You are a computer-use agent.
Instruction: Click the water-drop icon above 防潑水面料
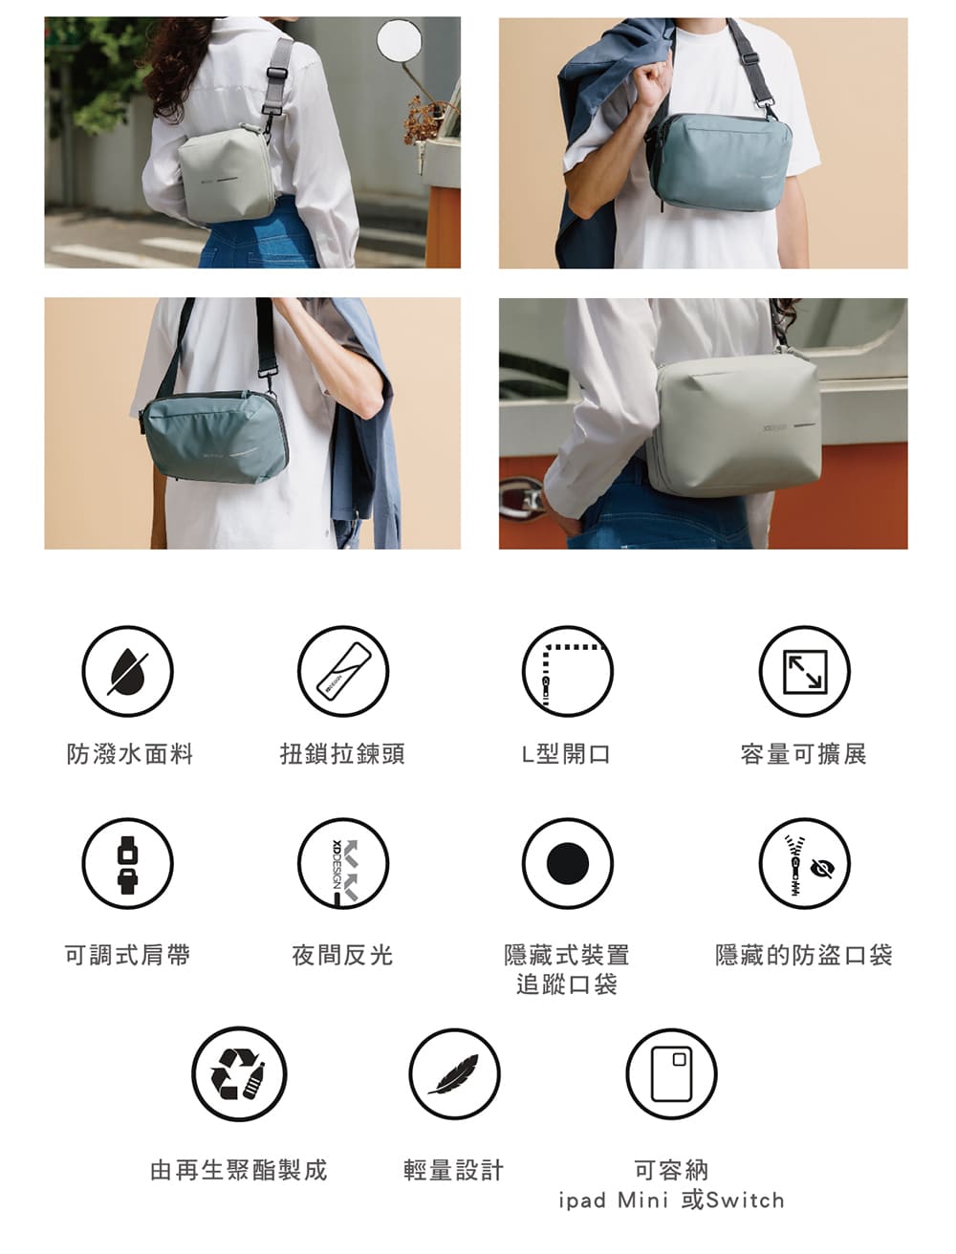click(127, 671)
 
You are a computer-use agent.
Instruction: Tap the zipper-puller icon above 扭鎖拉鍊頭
click(343, 671)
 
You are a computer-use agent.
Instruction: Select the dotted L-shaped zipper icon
click(568, 671)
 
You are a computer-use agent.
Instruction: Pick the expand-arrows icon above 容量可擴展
click(805, 671)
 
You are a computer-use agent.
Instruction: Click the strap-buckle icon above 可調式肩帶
click(127, 863)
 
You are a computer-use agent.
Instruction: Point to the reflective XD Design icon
click(343, 863)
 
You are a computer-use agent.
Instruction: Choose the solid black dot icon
click(568, 863)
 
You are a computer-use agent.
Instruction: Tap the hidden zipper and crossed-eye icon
click(805, 863)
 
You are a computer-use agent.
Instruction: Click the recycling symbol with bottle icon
click(239, 1074)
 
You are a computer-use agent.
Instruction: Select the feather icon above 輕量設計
click(454, 1074)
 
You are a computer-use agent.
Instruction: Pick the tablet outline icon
click(671, 1074)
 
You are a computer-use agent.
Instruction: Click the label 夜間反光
click(342, 955)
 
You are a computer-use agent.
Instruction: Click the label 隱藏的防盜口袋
click(804, 955)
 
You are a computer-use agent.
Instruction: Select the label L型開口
click(566, 754)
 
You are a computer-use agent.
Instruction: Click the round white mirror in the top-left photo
click(400, 39)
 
